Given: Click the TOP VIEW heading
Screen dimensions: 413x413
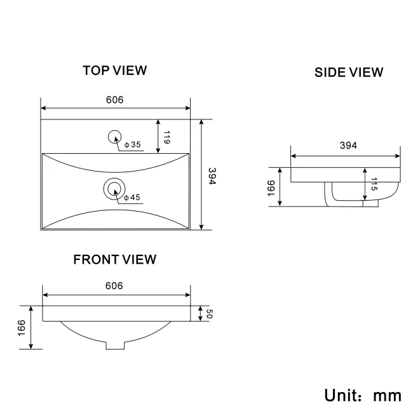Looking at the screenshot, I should click(x=114, y=70).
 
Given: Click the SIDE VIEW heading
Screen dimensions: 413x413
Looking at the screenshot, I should click(x=349, y=72).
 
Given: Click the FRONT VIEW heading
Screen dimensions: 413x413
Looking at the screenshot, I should click(x=114, y=259).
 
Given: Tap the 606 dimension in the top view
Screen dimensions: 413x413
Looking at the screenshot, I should click(x=114, y=100).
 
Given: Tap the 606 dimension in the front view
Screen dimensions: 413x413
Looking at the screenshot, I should click(x=114, y=286).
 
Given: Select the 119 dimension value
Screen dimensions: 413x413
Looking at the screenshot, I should click(x=166, y=138).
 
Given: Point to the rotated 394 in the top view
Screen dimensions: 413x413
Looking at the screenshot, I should click(x=212, y=177).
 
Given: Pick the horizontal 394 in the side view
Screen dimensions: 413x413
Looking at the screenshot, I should click(x=348, y=146).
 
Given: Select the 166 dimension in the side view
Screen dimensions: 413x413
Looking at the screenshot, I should click(x=271, y=188).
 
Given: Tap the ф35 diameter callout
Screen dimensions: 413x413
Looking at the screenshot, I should click(x=132, y=146).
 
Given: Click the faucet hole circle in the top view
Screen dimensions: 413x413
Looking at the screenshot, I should click(x=115, y=135).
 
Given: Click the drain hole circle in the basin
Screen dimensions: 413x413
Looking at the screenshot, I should click(x=114, y=187).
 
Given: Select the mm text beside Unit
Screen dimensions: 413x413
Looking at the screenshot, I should click(x=387, y=395).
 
